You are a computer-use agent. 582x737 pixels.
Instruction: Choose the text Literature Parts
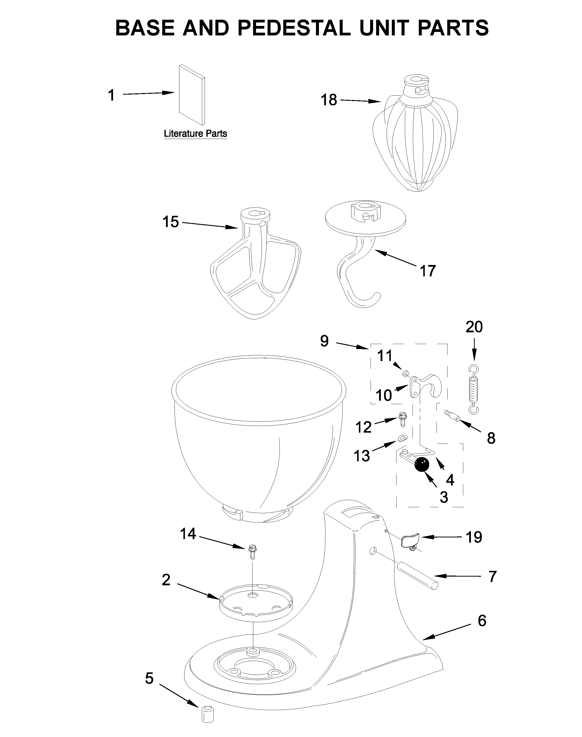point(195,133)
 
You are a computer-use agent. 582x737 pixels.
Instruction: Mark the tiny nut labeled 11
point(406,373)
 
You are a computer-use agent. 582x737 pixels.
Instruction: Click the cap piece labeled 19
point(411,540)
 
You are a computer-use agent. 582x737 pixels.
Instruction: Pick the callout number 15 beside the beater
point(171,222)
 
